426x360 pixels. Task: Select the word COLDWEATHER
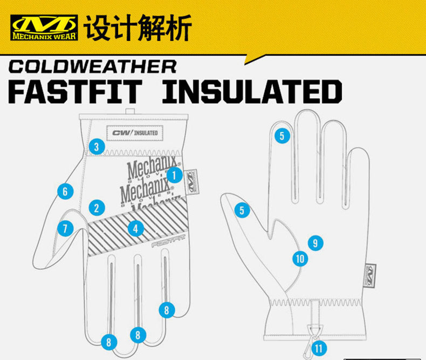(x=93, y=67)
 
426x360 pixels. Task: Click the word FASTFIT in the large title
(x=75, y=92)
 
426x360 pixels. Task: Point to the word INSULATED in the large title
(x=252, y=92)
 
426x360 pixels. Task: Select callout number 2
(x=97, y=207)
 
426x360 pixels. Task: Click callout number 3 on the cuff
(x=96, y=146)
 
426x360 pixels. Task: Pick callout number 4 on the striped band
(x=135, y=228)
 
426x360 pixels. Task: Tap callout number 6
(x=65, y=191)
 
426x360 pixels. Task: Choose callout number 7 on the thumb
(x=65, y=228)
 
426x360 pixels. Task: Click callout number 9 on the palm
(x=315, y=243)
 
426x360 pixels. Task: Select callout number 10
(x=300, y=259)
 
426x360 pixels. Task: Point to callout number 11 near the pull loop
(x=319, y=348)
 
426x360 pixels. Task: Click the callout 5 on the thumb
(x=242, y=210)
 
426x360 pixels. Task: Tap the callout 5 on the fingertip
(x=281, y=135)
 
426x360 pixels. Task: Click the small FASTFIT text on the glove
(x=169, y=243)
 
